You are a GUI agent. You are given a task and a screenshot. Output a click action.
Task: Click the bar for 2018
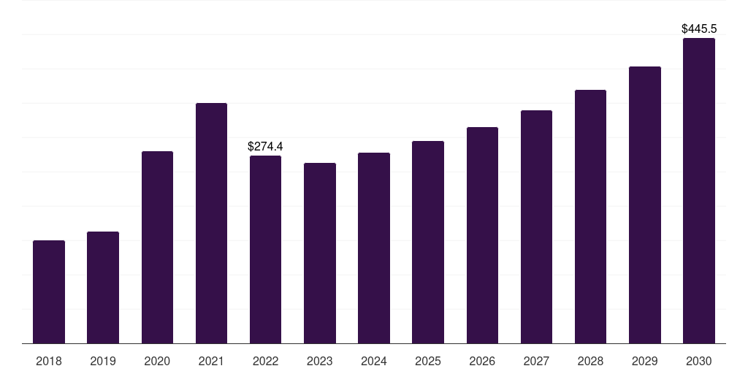click(x=49, y=292)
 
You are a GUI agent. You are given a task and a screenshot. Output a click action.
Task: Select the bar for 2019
click(x=103, y=288)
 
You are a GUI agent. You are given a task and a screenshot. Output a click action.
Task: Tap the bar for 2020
click(x=158, y=248)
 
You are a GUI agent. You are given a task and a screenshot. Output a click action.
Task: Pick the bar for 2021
click(x=211, y=224)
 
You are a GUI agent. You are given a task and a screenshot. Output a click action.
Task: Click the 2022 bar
click(x=265, y=250)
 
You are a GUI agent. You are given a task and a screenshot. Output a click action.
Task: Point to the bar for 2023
click(x=320, y=253)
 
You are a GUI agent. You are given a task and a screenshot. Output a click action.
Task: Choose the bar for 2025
click(x=428, y=243)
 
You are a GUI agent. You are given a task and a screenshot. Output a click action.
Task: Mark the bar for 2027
click(x=536, y=227)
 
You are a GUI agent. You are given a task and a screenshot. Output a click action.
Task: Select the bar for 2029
click(x=645, y=205)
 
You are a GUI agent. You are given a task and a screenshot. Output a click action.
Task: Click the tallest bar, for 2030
click(x=699, y=191)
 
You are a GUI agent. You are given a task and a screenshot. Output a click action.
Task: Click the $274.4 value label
click(x=265, y=146)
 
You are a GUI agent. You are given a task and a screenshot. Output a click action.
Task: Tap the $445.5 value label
click(x=699, y=29)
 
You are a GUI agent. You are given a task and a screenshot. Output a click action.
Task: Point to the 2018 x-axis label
click(x=49, y=361)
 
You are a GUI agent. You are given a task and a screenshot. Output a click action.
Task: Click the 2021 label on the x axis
click(x=211, y=361)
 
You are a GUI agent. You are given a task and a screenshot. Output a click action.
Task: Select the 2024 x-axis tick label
click(x=374, y=361)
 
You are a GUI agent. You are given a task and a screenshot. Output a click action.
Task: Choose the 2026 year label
click(x=482, y=361)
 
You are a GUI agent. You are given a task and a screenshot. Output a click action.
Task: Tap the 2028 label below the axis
click(x=590, y=361)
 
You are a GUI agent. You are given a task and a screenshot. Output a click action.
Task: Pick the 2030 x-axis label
click(x=699, y=361)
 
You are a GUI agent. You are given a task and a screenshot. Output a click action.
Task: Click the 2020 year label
click(x=158, y=361)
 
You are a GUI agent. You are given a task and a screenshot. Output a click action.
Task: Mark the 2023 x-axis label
click(x=320, y=361)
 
